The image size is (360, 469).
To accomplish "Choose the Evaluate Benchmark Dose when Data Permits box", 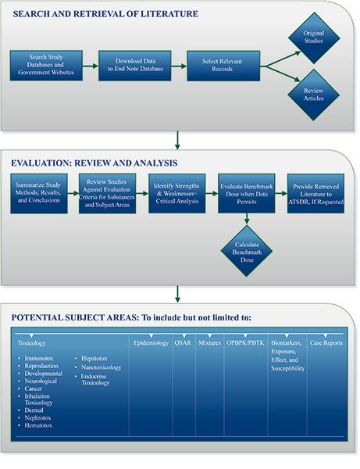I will pos(246,194).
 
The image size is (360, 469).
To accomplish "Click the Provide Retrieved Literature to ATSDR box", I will pos(317,194).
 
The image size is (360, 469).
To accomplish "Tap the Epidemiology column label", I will pos(150,343).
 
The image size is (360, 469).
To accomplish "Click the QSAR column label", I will pos(182,343).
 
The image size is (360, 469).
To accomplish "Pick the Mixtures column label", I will pos(209,343).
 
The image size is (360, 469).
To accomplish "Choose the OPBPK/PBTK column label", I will pos(245,343).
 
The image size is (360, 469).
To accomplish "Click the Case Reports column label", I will pos(327,343).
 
